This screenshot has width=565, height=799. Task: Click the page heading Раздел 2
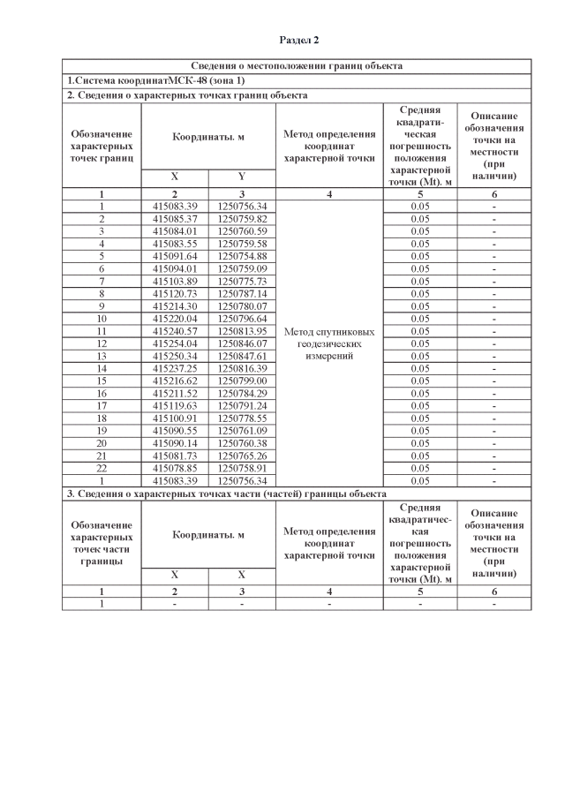(x=298, y=41)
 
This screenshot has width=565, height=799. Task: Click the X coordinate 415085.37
(x=174, y=218)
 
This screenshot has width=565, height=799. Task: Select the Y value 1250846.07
(x=242, y=343)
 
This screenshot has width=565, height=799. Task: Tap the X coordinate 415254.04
(x=174, y=343)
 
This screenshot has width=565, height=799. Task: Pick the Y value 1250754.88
(x=242, y=256)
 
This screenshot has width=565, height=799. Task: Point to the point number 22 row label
(x=102, y=467)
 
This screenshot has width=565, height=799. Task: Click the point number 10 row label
(x=102, y=318)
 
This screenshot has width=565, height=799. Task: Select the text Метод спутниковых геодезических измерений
(x=329, y=343)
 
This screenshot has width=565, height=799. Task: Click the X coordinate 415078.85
(x=174, y=467)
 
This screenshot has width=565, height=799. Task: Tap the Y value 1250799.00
(x=242, y=381)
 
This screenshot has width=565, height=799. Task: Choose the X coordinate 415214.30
(x=174, y=305)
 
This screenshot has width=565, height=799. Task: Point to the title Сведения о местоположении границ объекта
(x=297, y=66)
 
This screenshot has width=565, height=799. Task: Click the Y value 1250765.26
(x=242, y=455)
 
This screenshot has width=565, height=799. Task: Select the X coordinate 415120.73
(x=174, y=293)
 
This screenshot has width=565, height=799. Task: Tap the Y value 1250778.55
(x=242, y=418)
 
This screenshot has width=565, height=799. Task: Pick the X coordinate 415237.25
(x=174, y=368)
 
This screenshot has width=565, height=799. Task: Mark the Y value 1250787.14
(x=242, y=293)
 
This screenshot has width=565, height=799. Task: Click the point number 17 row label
(x=102, y=405)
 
